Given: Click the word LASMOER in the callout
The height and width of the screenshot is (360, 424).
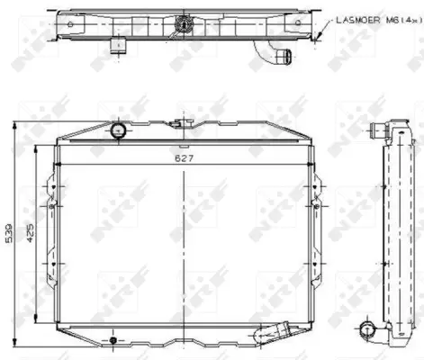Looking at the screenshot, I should point(356,19).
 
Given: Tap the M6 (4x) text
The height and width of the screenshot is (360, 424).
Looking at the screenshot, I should point(396,19).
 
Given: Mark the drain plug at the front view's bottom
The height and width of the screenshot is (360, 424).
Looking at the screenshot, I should point(112,340).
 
